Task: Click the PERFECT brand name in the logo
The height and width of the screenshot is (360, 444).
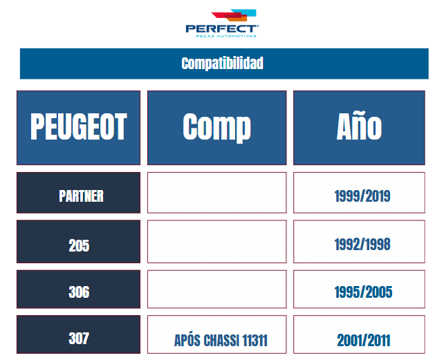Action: click(x=222, y=29)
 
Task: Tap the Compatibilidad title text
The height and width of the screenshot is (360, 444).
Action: click(x=222, y=64)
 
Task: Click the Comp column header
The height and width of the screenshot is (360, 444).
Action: click(x=217, y=128)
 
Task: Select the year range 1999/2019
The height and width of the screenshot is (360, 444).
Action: click(x=362, y=196)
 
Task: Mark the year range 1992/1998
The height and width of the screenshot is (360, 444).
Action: click(x=362, y=244)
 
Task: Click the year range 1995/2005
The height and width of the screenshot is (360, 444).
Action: click(x=363, y=292)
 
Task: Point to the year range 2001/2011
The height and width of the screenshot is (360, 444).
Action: click(x=364, y=340)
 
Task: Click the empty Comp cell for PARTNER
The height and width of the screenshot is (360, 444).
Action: click(x=217, y=193)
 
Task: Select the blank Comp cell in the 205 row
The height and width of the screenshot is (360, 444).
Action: click(x=217, y=241)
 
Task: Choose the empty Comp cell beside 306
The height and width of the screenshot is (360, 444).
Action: click(x=217, y=289)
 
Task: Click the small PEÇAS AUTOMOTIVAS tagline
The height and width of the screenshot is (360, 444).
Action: click(x=226, y=36)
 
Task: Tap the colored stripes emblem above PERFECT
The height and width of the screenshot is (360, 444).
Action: click(x=234, y=15)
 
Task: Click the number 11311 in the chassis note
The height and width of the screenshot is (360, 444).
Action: click(x=255, y=340)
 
